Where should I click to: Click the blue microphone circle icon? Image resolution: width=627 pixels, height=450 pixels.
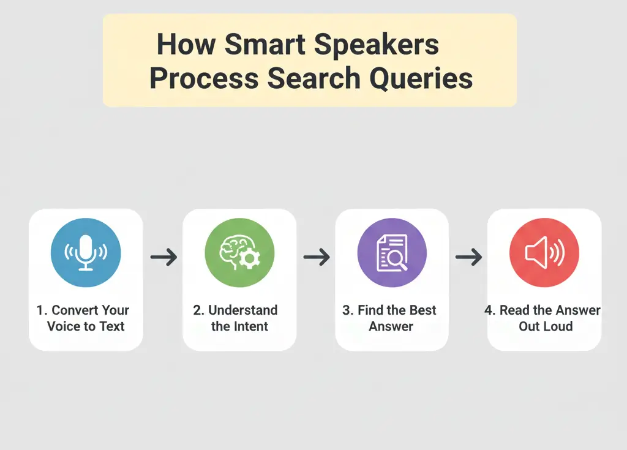coord(86,252)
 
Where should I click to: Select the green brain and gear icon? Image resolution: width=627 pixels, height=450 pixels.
coord(239,252)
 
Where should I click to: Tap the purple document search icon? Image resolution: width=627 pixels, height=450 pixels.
coord(392,252)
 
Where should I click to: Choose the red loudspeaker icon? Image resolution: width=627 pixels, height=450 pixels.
coord(544,252)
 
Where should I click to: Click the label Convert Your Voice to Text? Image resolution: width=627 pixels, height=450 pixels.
coord(86,318)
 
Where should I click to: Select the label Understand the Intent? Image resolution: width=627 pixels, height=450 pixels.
coord(239,318)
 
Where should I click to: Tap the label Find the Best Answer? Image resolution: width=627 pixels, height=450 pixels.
coord(391,318)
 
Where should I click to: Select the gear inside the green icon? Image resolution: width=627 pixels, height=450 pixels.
coord(249,260)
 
